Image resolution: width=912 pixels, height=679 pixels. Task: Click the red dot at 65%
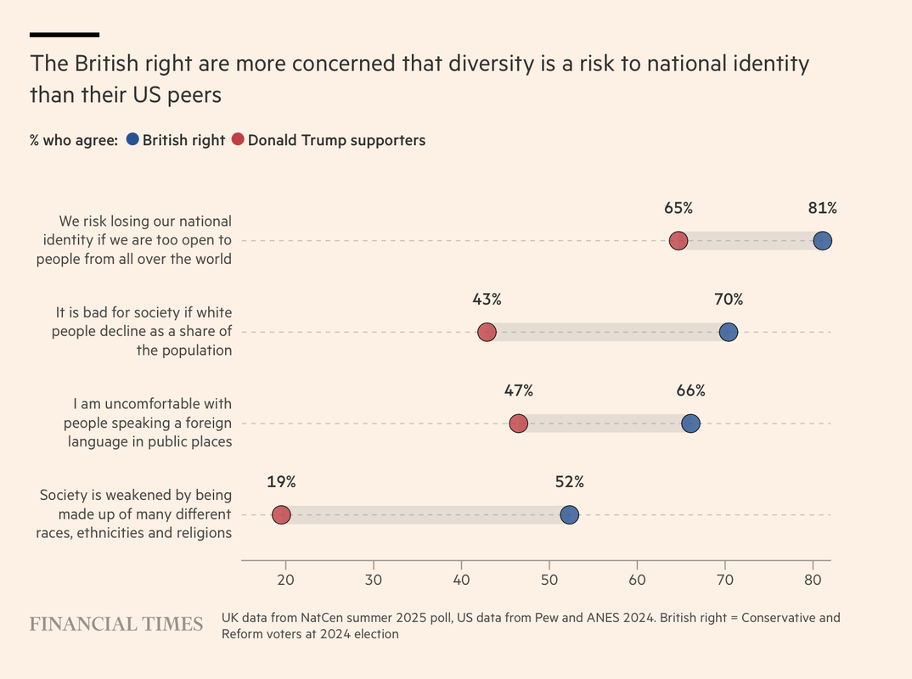678,240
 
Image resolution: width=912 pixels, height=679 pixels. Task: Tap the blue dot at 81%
822,240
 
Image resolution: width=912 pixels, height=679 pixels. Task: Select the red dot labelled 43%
487,332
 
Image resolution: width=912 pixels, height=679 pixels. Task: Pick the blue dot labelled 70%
729,332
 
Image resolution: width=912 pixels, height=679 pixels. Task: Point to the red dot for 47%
518,424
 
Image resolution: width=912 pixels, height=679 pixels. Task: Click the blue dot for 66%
690,424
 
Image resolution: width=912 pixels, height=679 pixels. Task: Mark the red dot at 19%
281,514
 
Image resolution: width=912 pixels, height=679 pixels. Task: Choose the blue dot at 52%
569,514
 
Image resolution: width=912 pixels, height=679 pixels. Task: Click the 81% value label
822,208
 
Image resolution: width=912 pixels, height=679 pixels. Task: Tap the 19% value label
281,482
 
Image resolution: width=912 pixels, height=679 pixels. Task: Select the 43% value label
487,300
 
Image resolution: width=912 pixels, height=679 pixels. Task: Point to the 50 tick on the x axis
549,581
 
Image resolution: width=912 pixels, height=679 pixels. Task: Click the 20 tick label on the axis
285,581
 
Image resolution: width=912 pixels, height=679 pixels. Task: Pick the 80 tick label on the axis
813,581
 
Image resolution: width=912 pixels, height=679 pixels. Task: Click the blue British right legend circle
132,140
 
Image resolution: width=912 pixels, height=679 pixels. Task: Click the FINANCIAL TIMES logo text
116,625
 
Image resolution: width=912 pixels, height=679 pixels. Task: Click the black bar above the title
65,35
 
